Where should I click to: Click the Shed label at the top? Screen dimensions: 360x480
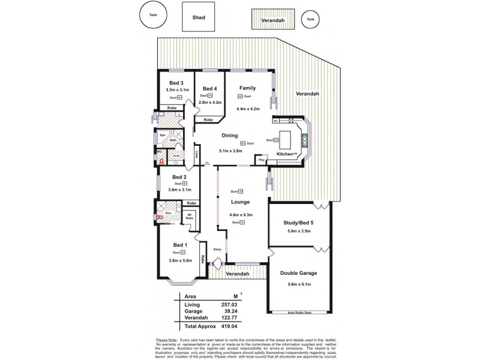tap(199, 18)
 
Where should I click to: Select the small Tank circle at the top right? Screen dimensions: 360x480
tap(310, 19)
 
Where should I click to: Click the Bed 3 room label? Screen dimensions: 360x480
tap(176, 83)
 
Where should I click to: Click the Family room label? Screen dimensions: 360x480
tap(248, 88)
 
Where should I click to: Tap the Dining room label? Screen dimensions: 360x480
tap(230, 136)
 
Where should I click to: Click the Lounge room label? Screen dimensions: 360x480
tap(240, 202)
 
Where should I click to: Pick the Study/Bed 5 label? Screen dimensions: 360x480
tap(299, 224)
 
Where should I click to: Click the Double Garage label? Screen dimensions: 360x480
tap(299, 273)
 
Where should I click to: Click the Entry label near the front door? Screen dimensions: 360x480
tap(218, 250)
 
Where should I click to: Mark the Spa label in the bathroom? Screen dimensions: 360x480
tap(162, 136)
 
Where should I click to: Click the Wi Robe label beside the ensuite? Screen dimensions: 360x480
tap(189, 216)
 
